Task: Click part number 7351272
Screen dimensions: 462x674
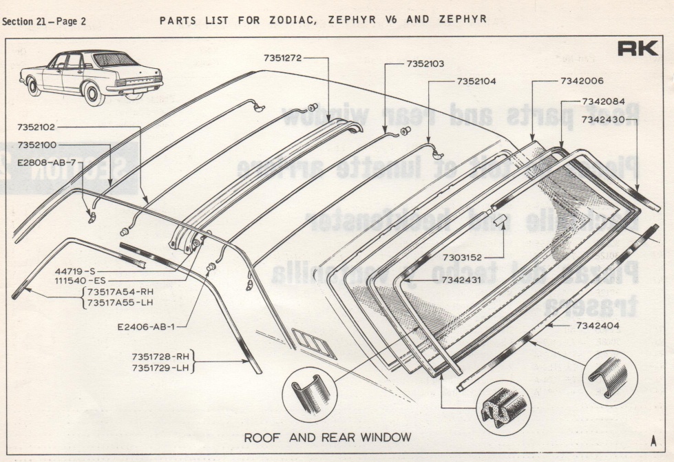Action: click(x=282, y=58)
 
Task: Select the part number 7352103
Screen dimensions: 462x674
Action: click(x=425, y=63)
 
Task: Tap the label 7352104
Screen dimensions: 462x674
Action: click(x=476, y=81)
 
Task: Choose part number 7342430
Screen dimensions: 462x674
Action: click(x=602, y=119)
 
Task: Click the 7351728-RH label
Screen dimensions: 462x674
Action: click(x=160, y=356)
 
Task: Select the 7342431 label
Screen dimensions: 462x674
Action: click(x=461, y=281)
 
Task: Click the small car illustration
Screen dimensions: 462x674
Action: click(x=92, y=76)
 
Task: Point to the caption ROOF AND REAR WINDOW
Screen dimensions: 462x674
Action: click(x=328, y=437)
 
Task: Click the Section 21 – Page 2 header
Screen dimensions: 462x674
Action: click(x=44, y=21)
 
